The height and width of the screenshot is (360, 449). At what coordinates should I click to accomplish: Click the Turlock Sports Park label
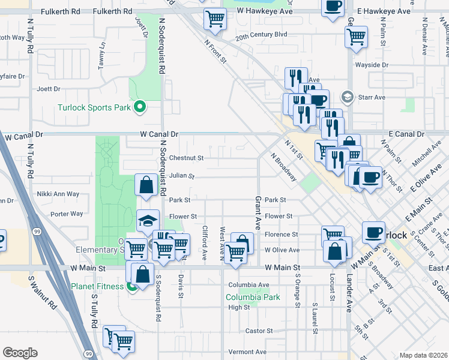[94, 108]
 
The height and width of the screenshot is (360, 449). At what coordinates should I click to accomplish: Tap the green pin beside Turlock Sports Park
[140, 107]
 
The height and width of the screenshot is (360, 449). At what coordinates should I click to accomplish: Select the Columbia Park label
[253, 297]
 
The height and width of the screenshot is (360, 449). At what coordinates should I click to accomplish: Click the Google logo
[20, 353]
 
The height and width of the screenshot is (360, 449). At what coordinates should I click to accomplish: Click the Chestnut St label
[187, 158]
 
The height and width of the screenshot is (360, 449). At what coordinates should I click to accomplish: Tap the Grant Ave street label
[258, 212]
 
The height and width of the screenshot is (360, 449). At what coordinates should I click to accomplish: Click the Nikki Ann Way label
[58, 194]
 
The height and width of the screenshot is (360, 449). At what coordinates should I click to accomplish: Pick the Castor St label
[259, 331]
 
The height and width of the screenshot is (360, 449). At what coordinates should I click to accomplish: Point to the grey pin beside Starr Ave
[347, 97]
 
